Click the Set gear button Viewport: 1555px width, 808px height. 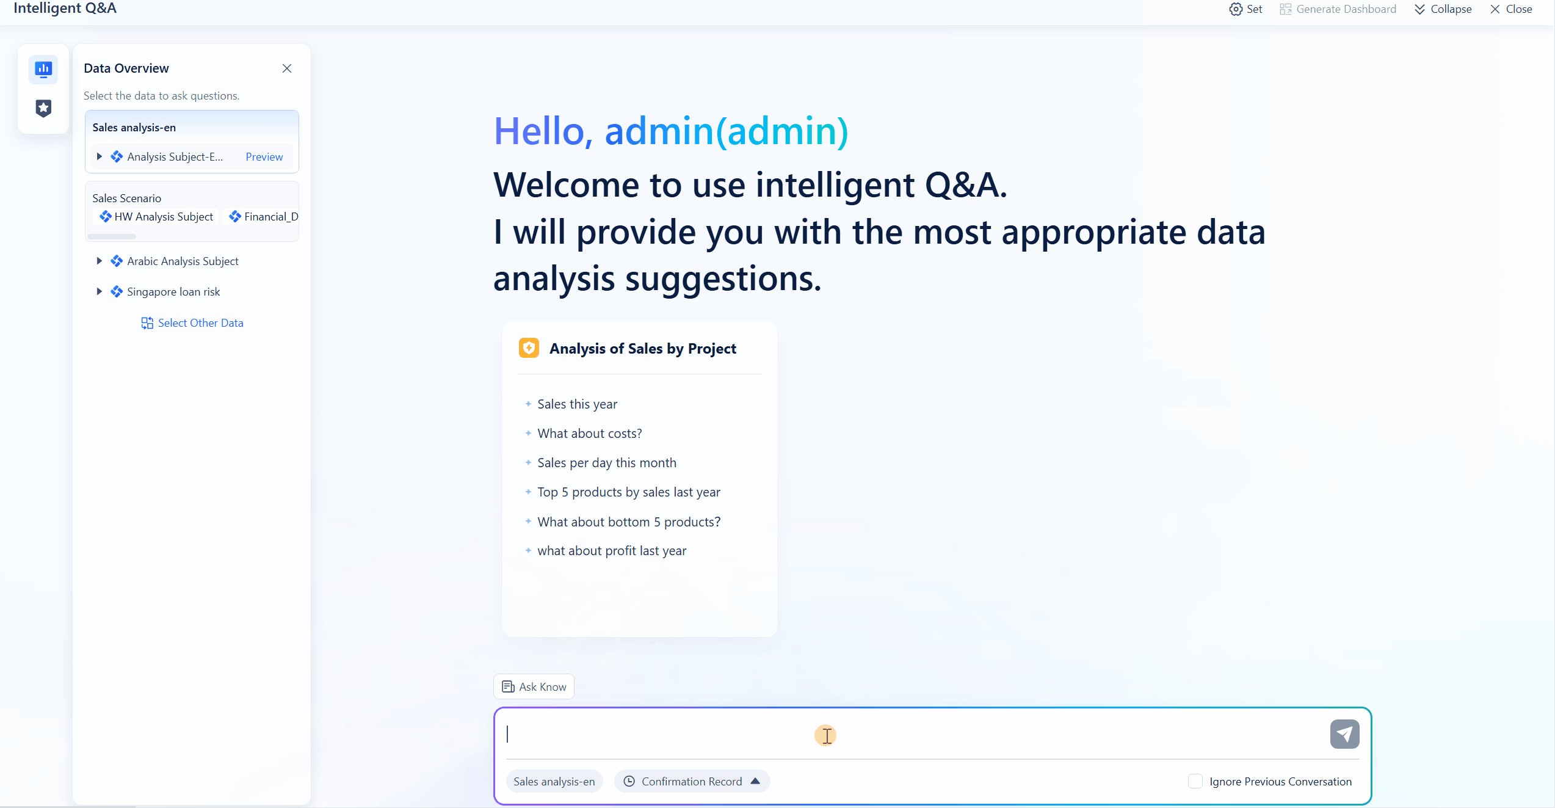[1245, 9]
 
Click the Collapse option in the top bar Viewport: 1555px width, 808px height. [1443, 9]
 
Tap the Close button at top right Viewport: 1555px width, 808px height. [1511, 9]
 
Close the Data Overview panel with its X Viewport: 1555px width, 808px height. [287, 68]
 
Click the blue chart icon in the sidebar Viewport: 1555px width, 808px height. [43, 69]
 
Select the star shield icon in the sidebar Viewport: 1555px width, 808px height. [43, 108]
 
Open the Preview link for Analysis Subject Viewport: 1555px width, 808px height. [264, 157]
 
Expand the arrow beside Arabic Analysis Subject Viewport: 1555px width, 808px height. [99, 261]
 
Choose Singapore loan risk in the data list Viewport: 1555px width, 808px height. [173, 292]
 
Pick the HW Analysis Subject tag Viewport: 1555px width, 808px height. [157, 217]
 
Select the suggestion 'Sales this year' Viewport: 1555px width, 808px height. [577, 404]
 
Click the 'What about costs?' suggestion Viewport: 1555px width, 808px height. [590, 434]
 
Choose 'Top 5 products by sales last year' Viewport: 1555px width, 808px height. [629, 492]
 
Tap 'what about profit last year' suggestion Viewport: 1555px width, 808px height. [612, 551]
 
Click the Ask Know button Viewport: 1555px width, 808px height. [534, 687]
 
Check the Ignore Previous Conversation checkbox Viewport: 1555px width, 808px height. [1195, 782]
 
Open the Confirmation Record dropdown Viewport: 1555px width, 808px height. [692, 782]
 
